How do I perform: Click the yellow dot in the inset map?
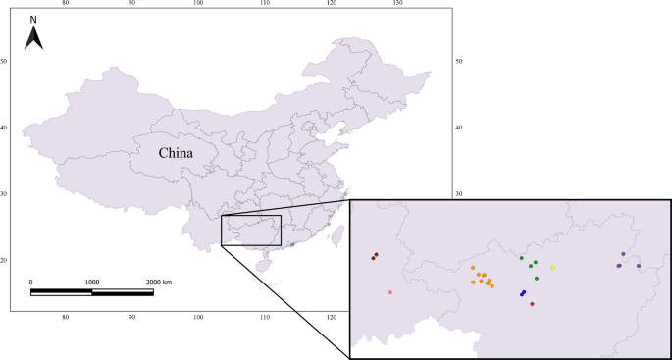coord(553,268)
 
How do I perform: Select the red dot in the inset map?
coord(532,304)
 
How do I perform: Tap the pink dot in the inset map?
coord(390,292)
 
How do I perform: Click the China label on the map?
coord(176,153)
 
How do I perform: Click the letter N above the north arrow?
coord(33,19)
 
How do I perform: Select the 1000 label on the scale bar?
coord(91,282)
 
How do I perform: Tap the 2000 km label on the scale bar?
coord(152,282)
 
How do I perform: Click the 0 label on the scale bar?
coord(31,282)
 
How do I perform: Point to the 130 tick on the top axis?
coord(397,3)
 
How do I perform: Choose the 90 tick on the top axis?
coord(132,3)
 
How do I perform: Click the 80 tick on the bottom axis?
coord(66,318)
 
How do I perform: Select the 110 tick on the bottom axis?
coord(265,318)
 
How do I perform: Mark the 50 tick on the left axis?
coord(4,62)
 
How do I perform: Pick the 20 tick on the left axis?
coord(4,260)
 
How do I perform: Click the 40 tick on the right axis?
coord(459,128)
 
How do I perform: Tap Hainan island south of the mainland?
coord(262,265)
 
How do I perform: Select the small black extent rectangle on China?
coord(251,230)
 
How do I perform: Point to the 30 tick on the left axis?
coord(4,193)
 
